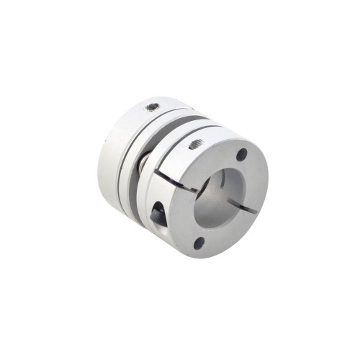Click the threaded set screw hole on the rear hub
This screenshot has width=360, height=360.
click(x=151, y=107)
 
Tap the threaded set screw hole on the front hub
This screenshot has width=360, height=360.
click(x=194, y=145)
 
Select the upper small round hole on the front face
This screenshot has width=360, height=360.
click(x=241, y=153)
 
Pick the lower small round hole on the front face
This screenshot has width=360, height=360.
click(x=199, y=243)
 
